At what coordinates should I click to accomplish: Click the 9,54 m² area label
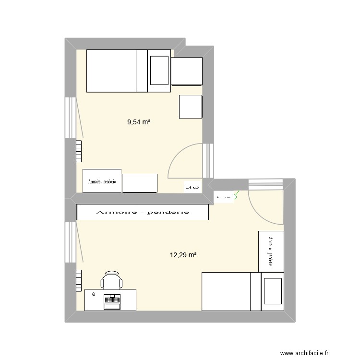click(x=139, y=122)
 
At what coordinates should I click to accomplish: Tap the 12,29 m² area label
click(x=183, y=255)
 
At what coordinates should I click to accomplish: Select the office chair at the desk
click(x=111, y=280)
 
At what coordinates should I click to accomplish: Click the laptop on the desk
click(x=112, y=301)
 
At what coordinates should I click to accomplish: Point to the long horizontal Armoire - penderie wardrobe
click(x=143, y=212)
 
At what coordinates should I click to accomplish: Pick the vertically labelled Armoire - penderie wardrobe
click(x=270, y=251)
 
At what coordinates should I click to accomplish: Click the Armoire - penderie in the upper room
click(x=102, y=181)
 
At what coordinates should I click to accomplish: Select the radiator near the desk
click(x=79, y=280)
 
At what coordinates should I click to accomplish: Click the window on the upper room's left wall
click(x=70, y=118)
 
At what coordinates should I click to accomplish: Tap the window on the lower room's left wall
click(x=70, y=242)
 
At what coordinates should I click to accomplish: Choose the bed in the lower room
click(x=231, y=291)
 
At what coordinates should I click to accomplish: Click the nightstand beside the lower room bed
click(x=273, y=290)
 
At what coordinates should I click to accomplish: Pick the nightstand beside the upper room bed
click(x=159, y=71)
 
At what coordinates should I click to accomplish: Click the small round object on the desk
click(x=94, y=294)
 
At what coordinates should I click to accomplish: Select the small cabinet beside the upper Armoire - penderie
click(x=140, y=183)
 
